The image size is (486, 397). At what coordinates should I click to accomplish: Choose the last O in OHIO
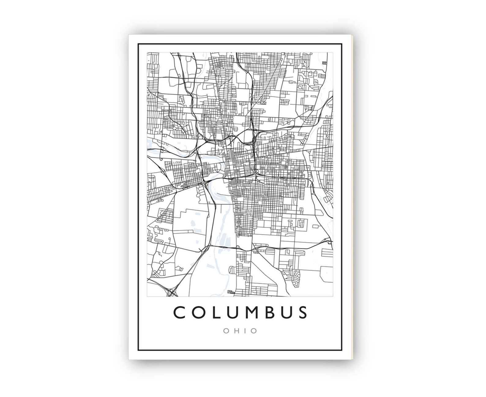254,331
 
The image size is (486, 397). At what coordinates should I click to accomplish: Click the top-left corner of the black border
138,44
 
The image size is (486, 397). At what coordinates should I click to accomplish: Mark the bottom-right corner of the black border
342,351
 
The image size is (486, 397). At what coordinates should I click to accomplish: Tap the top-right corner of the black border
342,44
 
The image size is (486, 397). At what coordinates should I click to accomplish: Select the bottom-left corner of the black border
138,351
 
